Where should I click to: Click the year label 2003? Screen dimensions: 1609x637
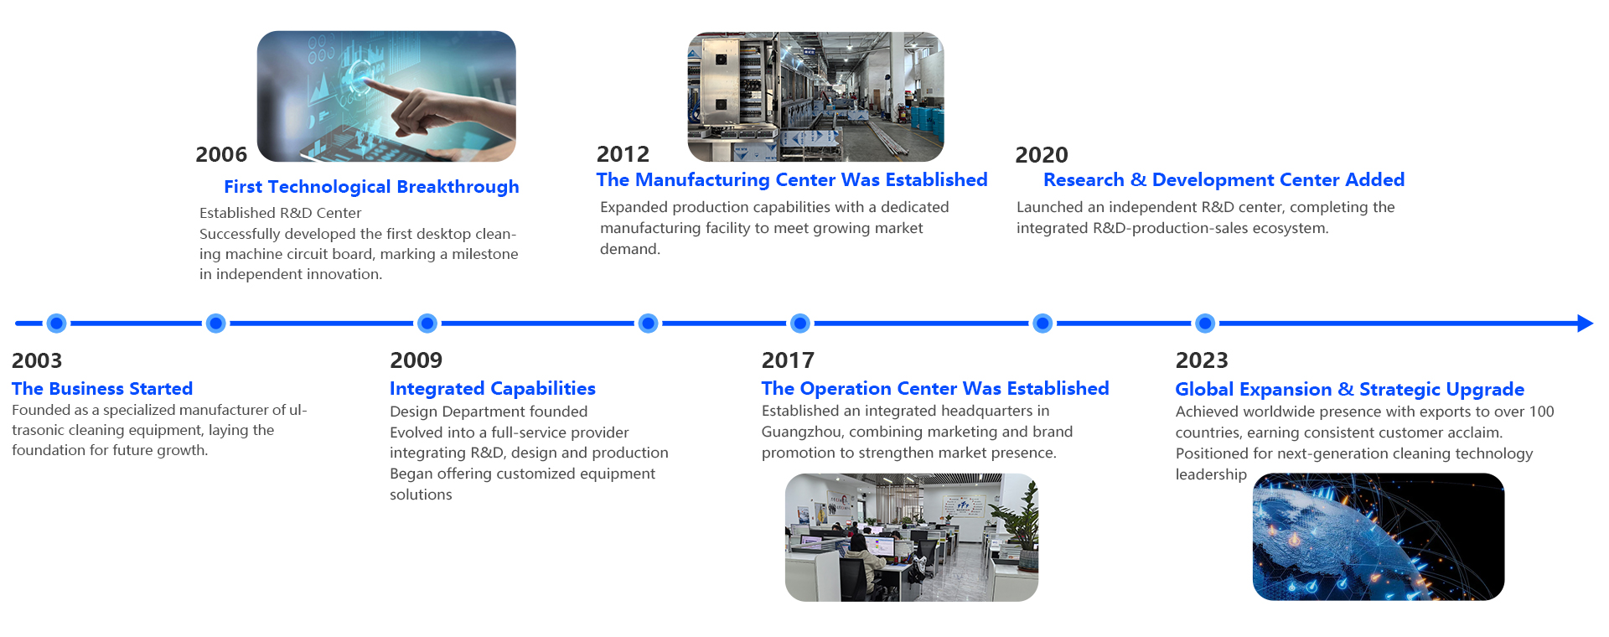[37, 360]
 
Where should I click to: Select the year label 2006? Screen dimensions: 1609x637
[221, 154]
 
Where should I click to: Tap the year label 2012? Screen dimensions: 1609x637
[623, 154]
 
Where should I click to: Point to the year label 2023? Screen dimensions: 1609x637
[1202, 360]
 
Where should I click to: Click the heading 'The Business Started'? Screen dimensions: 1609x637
[102, 389]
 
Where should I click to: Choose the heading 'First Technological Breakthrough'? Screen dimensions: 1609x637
[371, 187]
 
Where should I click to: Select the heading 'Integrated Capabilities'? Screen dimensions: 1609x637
[493, 389]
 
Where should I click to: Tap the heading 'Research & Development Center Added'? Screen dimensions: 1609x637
[1224, 180]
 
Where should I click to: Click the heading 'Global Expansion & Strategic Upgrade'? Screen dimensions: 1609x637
[1349, 390]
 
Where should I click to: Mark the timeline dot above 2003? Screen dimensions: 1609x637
[56, 324]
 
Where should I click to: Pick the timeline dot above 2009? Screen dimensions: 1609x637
[427, 324]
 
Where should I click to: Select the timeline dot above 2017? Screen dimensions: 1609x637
[800, 324]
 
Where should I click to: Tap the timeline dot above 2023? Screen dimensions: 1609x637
[1205, 324]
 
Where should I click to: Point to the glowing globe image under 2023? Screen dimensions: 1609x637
[1379, 537]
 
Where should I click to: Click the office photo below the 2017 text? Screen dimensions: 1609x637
[912, 537]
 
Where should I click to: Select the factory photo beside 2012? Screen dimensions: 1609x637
[816, 96]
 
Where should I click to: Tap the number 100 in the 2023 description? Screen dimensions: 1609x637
[1542, 412]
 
